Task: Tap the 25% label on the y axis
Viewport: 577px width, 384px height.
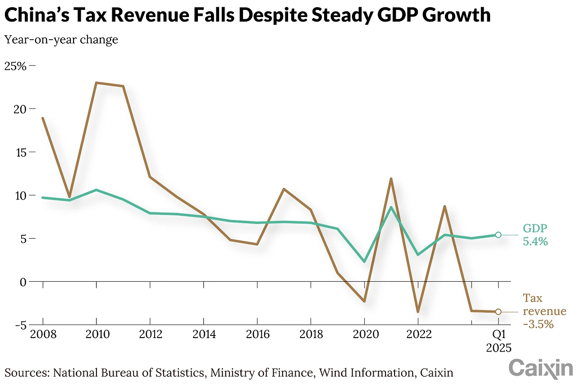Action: [x=15, y=66]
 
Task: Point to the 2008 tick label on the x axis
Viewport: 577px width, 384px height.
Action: [x=43, y=334]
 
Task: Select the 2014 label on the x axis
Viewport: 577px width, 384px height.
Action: [x=203, y=334]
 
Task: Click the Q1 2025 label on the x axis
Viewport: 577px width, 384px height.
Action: [x=499, y=341]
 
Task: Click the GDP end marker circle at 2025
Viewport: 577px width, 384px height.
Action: [x=498, y=235]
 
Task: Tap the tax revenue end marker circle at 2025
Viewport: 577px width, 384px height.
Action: [x=498, y=312]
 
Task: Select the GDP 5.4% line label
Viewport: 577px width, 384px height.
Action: [x=535, y=235]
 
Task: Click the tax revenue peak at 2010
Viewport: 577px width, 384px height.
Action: [x=96, y=83]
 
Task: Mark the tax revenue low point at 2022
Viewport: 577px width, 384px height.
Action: [x=418, y=312]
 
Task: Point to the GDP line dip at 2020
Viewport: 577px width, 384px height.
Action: [x=364, y=262]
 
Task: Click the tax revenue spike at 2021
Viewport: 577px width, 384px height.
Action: [x=391, y=179]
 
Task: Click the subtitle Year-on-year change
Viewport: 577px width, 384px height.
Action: [x=61, y=40]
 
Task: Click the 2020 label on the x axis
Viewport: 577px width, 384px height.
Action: [x=364, y=334]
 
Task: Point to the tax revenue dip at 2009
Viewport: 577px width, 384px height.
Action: [x=69, y=197]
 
